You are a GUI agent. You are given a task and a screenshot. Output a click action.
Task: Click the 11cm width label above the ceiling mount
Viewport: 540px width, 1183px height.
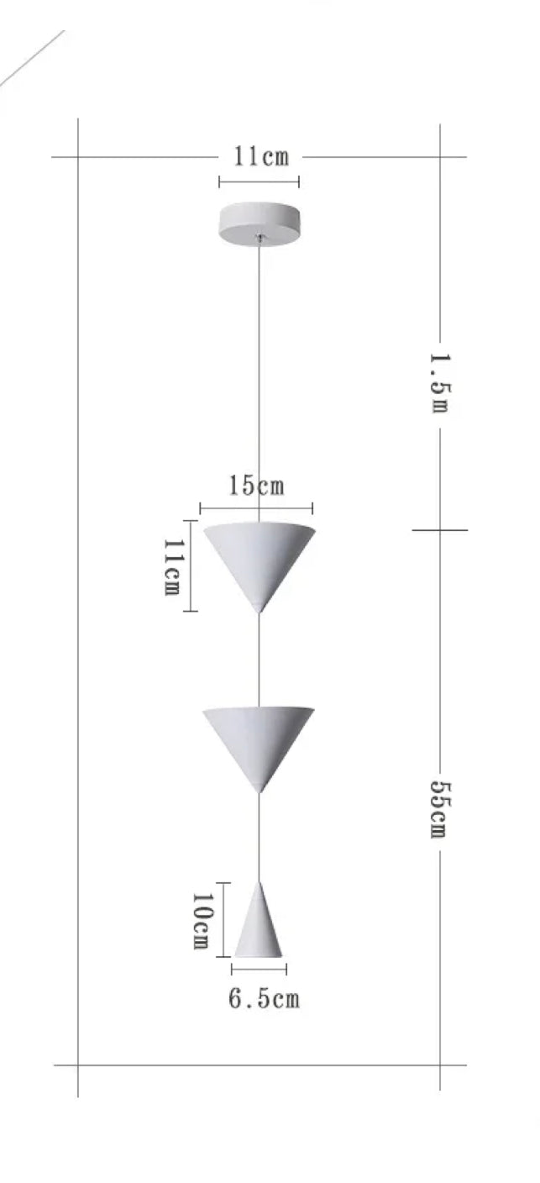tap(260, 157)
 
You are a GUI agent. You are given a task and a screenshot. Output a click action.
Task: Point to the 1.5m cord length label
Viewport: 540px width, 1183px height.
tap(439, 382)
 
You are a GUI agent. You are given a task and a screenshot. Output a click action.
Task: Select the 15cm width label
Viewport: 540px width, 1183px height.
tap(256, 486)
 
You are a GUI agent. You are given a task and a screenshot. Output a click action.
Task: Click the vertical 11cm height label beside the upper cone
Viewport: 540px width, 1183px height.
tap(171, 566)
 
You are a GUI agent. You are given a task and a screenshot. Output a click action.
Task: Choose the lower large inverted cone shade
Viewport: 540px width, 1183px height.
tap(258, 739)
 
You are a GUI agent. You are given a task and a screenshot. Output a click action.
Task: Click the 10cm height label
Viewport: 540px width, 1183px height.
tap(200, 921)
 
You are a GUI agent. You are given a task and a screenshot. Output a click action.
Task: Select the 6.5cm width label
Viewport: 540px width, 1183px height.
tap(264, 999)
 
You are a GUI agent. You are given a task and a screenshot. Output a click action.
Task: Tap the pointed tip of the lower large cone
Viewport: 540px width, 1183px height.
tap(259, 790)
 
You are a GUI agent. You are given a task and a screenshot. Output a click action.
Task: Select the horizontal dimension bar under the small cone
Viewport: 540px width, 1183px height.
tap(259, 970)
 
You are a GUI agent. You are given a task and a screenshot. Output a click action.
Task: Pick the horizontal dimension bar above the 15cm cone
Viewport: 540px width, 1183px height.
tap(256, 507)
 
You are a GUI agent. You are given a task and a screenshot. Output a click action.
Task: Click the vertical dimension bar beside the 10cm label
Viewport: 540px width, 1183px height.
tap(223, 919)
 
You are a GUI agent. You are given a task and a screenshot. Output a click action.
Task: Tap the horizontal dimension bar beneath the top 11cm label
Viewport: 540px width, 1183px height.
tap(259, 181)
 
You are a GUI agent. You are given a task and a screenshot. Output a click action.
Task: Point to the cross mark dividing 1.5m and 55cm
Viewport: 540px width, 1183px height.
tap(439, 530)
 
